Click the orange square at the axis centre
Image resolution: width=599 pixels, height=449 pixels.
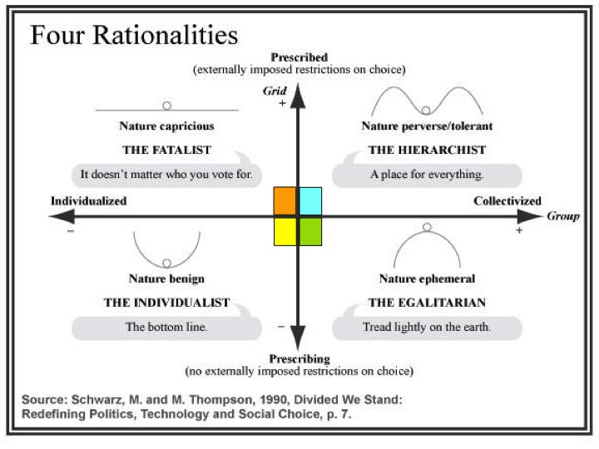[285, 201]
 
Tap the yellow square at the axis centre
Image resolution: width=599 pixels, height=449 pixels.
[285, 231]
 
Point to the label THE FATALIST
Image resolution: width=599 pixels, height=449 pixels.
[166, 150]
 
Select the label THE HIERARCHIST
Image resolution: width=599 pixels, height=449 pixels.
[427, 150]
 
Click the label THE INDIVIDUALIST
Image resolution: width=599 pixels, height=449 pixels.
[166, 303]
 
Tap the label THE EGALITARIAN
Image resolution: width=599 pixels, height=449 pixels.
[427, 303]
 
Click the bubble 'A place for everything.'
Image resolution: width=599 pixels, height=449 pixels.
[427, 175]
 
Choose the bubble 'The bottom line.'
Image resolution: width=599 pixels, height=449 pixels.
[166, 327]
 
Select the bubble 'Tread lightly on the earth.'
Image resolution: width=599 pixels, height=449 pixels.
[427, 327]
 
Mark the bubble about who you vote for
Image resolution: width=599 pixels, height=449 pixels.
[166, 175]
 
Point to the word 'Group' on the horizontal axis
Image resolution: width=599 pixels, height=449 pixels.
[562, 216]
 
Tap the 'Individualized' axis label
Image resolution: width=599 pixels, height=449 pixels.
[88, 201]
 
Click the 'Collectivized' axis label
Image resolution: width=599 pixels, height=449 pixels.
[507, 201]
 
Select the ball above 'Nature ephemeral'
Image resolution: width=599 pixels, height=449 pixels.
[427, 227]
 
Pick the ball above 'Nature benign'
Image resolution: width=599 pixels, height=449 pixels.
[166, 263]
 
